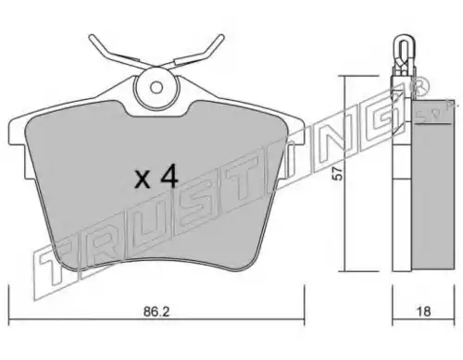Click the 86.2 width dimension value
(156, 312)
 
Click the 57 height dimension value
(339, 174)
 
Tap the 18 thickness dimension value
(423, 312)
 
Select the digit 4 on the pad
(168, 176)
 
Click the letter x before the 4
(143, 180)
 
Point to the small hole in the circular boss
(156, 87)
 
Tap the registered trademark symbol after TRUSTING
(419, 86)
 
